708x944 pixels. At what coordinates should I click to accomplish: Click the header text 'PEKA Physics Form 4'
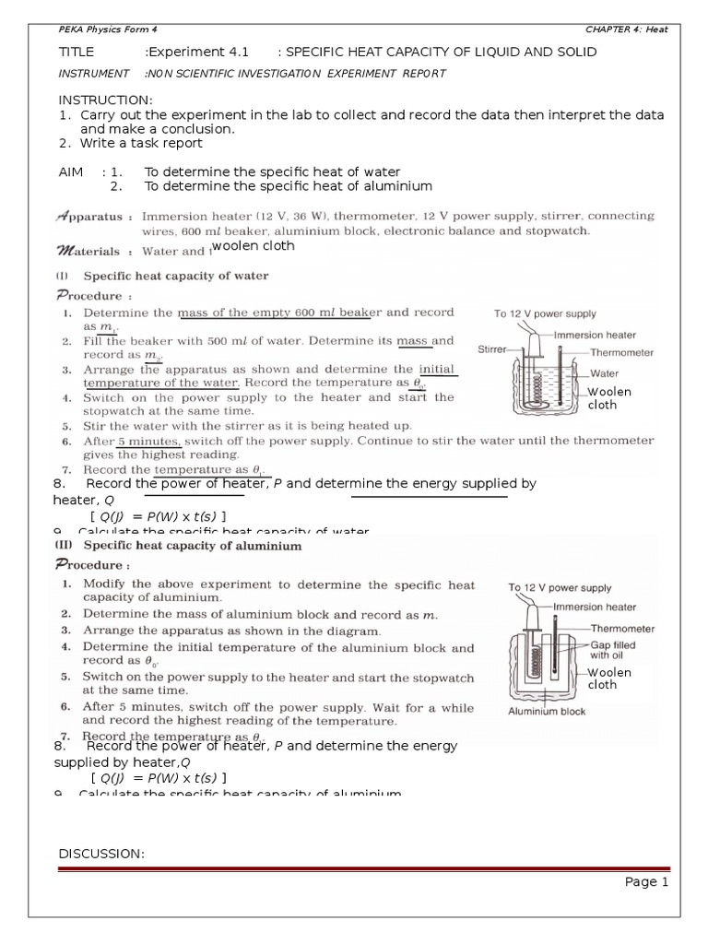(95, 29)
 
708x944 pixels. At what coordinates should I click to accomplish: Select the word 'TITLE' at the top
(77, 52)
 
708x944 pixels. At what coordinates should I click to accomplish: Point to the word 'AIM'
(71, 171)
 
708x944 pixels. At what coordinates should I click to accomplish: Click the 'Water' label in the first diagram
(604, 374)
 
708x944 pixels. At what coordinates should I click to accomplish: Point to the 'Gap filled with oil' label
(612, 651)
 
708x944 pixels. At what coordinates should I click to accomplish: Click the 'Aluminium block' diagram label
(547, 711)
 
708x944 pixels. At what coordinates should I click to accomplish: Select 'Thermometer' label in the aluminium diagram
(622, 629)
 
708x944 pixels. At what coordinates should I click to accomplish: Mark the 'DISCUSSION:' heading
(101, 854)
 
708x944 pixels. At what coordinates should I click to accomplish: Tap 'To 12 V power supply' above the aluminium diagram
(560, 587)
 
